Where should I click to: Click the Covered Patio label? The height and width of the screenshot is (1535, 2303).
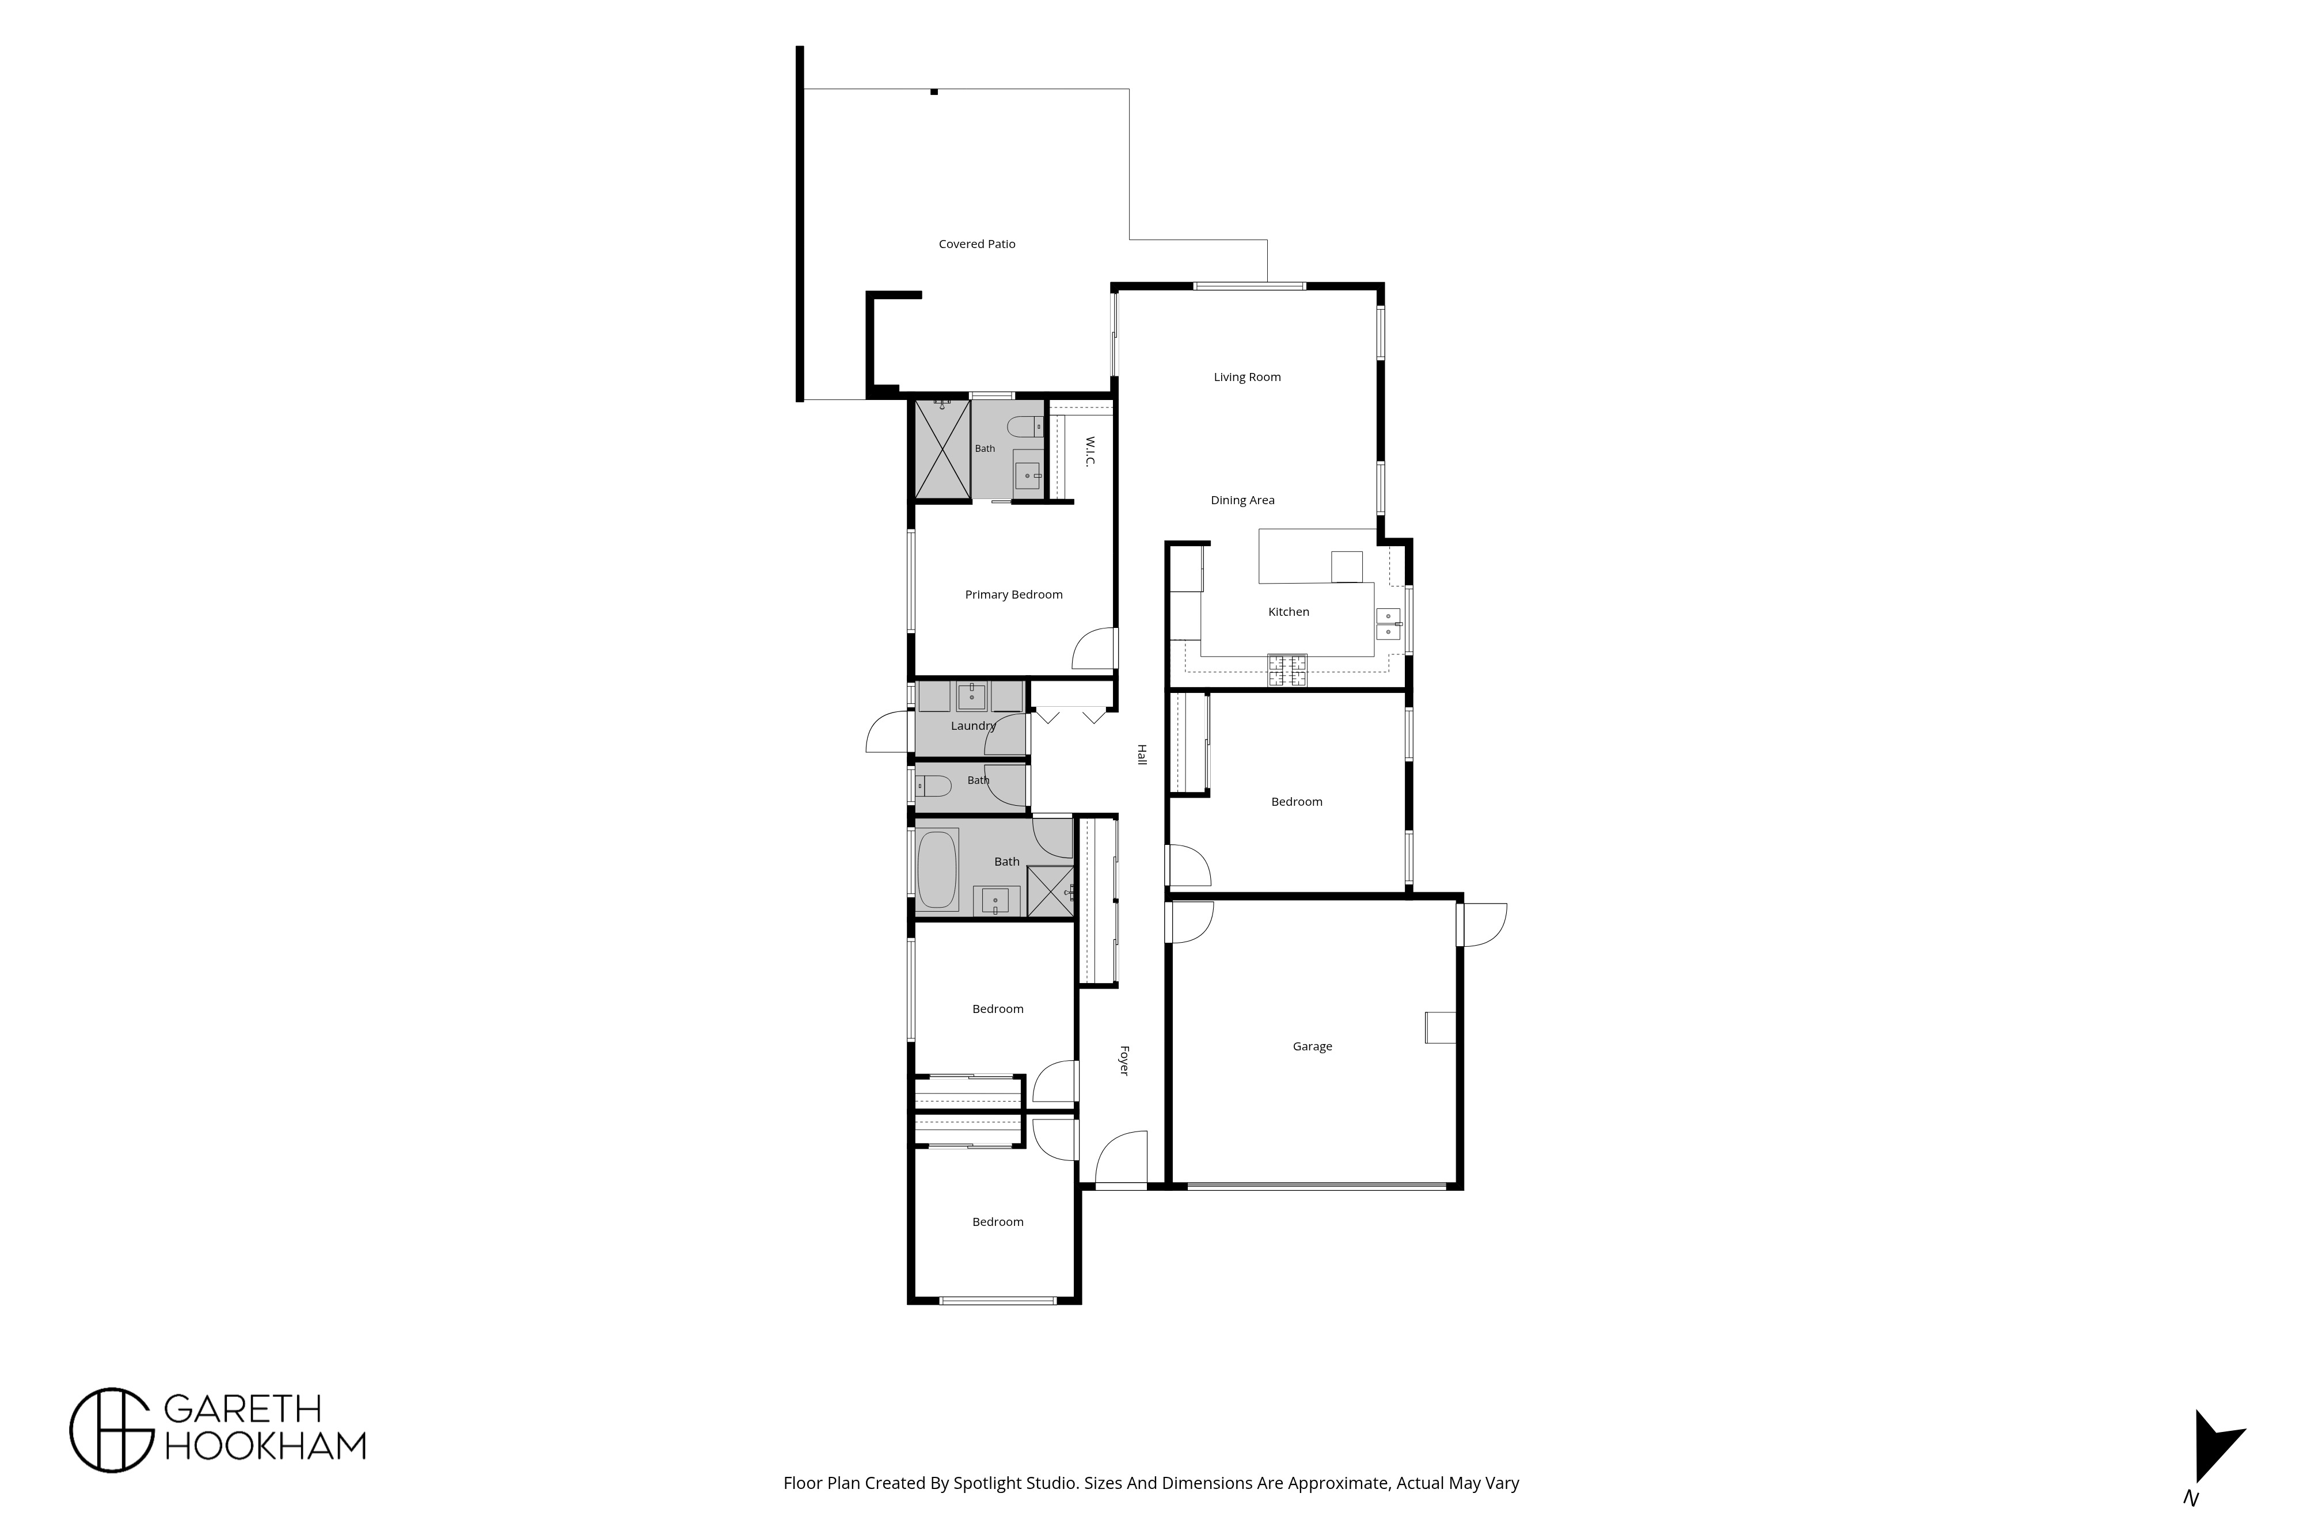pyautogui.click(x=976, y=244)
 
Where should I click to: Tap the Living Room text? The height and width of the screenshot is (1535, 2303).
pyautogui.click(x=1246, y=377)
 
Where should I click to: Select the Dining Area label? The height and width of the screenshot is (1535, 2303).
pyautogui.click(x=1242, y=500)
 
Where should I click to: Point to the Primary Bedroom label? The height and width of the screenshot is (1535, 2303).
pyautogui.click(x=1013, y=594)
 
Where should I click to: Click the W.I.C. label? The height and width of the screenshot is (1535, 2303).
pyautogui.click(x=1090, y=451)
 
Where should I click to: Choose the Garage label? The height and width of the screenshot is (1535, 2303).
pyautogui.click(x=1312, y=1046)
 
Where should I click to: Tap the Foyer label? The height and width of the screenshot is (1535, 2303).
pyautogui.click(x=1124, y=1061)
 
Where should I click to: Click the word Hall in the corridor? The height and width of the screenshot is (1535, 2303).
pyautogui.click(x=1141, y=755)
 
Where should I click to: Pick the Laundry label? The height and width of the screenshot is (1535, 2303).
pyautogui.click(x=973, y=725)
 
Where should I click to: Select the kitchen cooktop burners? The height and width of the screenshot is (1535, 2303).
pyautogui.click(x=1287, y=669)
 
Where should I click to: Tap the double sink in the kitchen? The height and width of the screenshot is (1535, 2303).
pyautogui.click(x=1388, y=623)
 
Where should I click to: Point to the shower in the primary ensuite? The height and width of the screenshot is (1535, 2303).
pyautogui.click(x=942, y=450)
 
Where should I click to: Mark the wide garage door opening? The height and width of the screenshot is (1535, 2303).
pyautogui.click(x=1317, y=1186)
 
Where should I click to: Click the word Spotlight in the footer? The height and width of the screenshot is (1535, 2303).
pyautogui.click(x=990, y=1483)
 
